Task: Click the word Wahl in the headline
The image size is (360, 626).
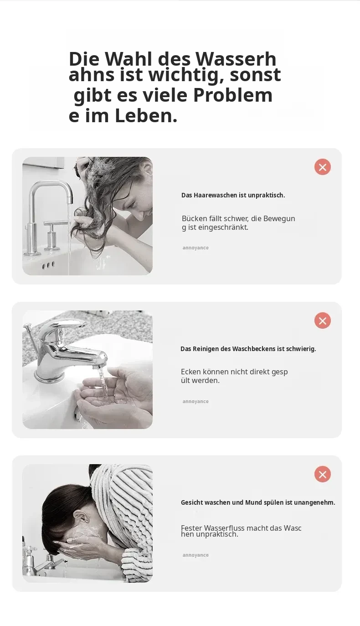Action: coord(129,59)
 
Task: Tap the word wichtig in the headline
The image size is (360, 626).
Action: coord(186,75)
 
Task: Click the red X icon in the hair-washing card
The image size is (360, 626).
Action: coord(323,167)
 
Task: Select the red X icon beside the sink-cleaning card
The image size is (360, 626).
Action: coord(323,321)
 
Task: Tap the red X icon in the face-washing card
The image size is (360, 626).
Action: coord(323,474)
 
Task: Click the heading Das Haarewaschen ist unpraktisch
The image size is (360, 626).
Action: coord(233,195)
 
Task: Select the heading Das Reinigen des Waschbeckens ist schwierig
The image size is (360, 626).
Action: coord(248,349)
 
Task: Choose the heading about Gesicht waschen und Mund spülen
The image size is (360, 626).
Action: coord(258,502)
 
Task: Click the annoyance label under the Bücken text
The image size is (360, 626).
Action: coord(195,248)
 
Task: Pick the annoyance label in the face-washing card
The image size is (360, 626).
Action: coord(195,555)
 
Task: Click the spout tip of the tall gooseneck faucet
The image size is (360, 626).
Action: coord(70,202)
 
